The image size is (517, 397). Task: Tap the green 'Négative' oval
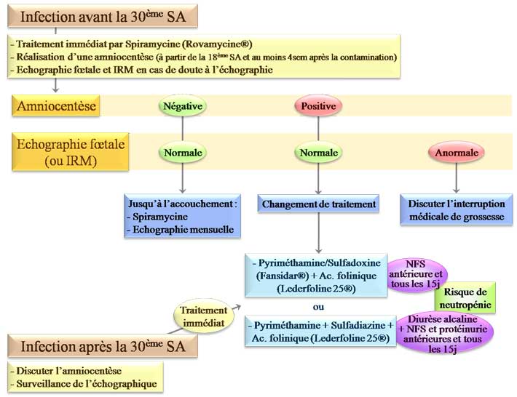[x=182, y=106]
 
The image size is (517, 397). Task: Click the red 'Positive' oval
[x=318, y=106]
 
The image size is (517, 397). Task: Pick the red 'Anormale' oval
[x=457, y=153]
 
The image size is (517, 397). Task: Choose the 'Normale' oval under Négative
[x=182, y=153]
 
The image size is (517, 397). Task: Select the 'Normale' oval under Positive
[x=318, y=153]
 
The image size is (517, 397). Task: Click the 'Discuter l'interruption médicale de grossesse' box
[x=457, y=211]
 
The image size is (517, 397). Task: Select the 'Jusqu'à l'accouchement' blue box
[x=182, y=216]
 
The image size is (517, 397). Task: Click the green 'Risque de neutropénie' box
[x=466, y=297]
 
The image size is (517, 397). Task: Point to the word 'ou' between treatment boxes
[x=318, y=306]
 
